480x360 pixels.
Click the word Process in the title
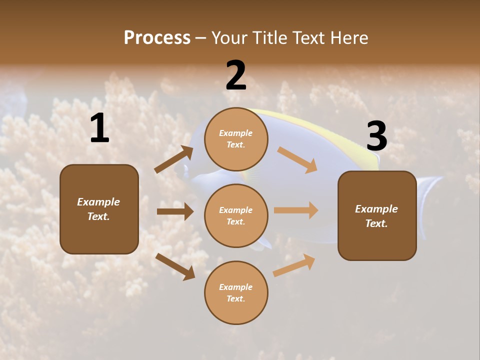coord(157,38)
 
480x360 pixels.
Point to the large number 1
coord(99,129)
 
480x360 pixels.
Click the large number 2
coord(236,76)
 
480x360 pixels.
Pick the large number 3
coord(376,136)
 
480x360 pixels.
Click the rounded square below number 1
coord(99,209)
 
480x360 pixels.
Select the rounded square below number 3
coord(377,215)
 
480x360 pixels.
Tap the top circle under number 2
coord(236,139)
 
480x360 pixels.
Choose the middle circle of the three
coord(236,215)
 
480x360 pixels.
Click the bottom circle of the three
coord(236,292)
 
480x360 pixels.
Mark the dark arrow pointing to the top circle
coord(174,160)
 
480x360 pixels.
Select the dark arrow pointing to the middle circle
coord(175,211)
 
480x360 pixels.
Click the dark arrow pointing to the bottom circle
coord(175,266)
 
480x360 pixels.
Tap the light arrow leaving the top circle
coord(297,159)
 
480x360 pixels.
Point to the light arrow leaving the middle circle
coord(296,210)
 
